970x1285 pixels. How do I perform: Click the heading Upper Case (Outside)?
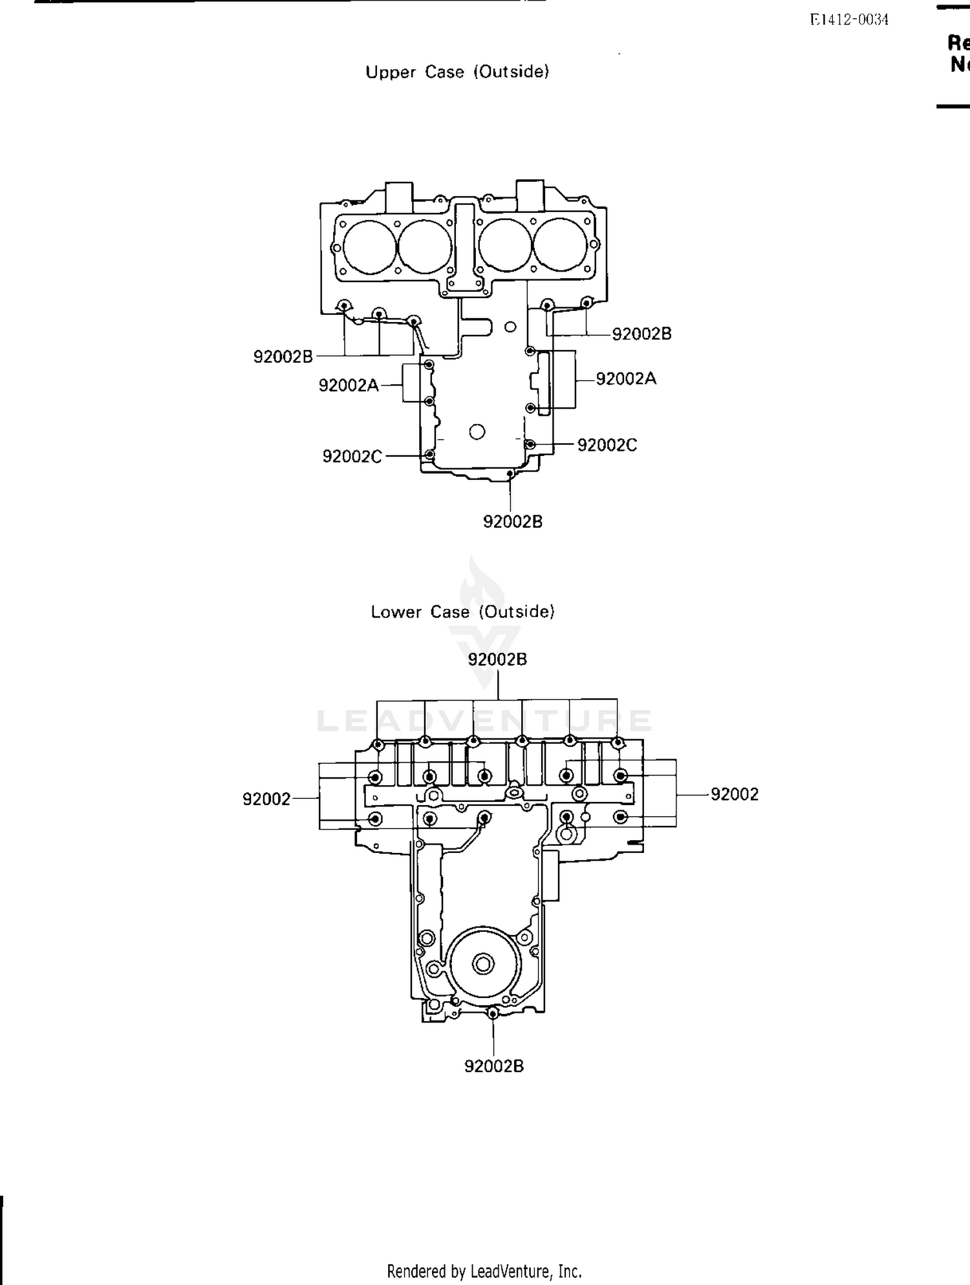pyautogui.click(x=457, y=72)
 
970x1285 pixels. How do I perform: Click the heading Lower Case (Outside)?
pyautogui.click(x=462, y=612)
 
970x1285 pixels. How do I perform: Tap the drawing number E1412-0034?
pyautogui.click(x=849, y=20)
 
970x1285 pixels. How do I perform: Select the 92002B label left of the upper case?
pyautogui.click(x=283, y=356)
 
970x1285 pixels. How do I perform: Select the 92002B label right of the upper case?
pyautogui.click(x=641, y=334)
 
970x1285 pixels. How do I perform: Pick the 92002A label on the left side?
pyautogui.click(x=348, y=385)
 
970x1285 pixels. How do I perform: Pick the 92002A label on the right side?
pyautogui.click(x=625, y=379)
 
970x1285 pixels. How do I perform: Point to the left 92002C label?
pyautogui.click(x=352, y=457)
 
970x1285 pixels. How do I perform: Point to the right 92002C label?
pyautogui.click(x=607, y=445)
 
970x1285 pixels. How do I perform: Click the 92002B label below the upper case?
pyautogui.click(x=512, y=521)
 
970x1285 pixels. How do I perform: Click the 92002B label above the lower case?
pyautogui.click(x=497, y=659)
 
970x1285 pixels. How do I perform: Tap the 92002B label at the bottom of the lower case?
pyautogui.click(x=493, y=1066)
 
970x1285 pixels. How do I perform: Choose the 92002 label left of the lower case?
pyautogui.click(x=266, y=799)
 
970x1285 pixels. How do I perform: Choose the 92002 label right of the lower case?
pyautogui.click(x=734, y=794)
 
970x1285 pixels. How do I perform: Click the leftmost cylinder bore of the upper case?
pyautogui.click(x=369, y=246)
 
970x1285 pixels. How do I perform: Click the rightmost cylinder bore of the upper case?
pyautogui.click(x=560, y=246)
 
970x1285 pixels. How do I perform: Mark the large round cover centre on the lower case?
pyautogui.click(x=482, y=965)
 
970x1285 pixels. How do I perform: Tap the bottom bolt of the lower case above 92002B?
pyautogui.click(x=493, y=1013)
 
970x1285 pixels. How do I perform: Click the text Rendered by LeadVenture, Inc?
pyautogui.click(x=484, y=1271)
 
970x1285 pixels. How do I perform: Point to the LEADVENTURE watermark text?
pyautogui.click(x=484, y=720)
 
